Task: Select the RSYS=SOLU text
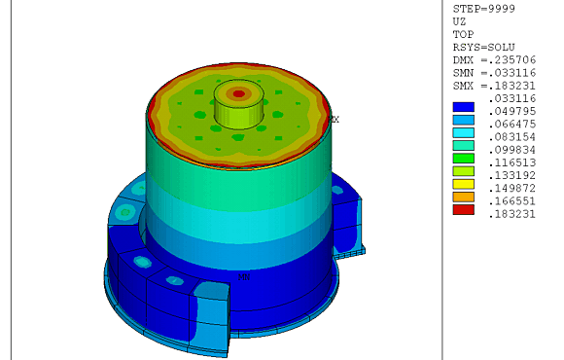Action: click(x=483, y=47)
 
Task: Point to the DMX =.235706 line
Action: click(x=494, y=60)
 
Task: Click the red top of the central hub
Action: click(x=238, y=94)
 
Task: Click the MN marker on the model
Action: click(x=244, y=276)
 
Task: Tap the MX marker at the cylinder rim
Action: click(x=334, y=120)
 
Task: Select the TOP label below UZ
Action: click(x=463, y=33)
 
